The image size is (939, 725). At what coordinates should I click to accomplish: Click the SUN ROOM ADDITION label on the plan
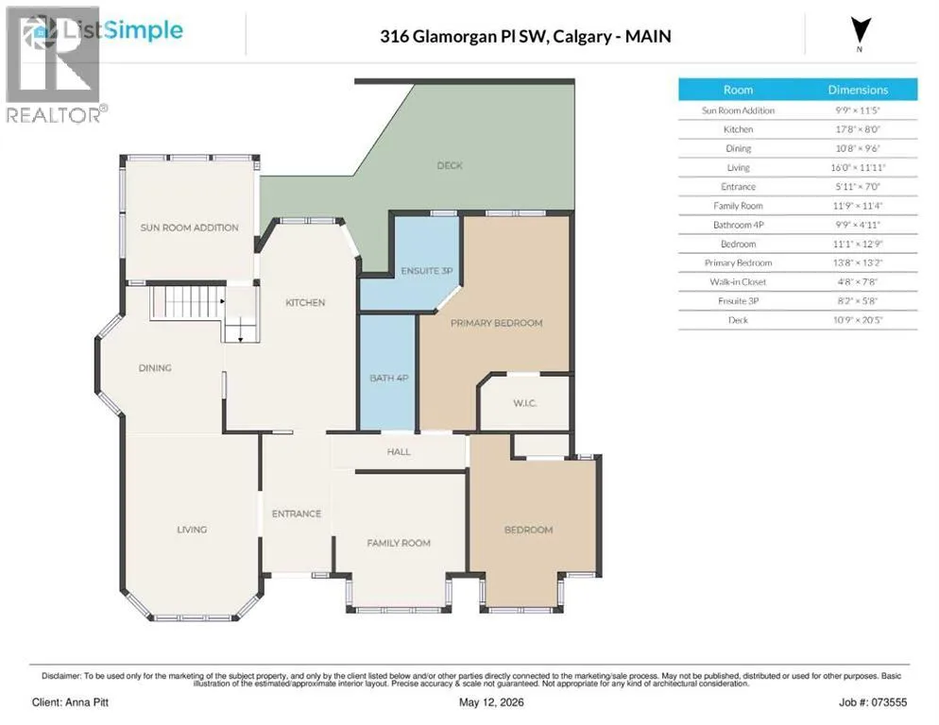tap(189, 228)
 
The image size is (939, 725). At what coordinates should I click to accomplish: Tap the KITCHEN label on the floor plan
tap(305, 302)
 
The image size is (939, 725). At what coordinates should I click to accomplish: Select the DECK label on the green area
tap(450, 165)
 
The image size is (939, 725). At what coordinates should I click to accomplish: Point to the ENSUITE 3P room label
tap(427, 271)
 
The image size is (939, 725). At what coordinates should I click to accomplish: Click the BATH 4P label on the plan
tap(388, 378)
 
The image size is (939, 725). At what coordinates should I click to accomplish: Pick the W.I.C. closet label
tap(524, 403)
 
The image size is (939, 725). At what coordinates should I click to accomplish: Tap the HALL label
tap(399, 451)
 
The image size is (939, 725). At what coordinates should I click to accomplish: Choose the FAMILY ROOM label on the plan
tap(399, 543)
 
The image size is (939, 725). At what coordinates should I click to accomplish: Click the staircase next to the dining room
tap(187, 302)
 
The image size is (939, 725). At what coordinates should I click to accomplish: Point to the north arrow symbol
tap(861, 30)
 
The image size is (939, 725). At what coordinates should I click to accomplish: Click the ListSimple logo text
tap(123, 30)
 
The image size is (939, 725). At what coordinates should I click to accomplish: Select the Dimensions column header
tap(858, 90)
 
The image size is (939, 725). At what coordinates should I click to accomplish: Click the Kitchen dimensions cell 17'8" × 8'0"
tap(858, 129)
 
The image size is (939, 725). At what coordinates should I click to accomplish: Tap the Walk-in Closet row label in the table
tap(738, 282)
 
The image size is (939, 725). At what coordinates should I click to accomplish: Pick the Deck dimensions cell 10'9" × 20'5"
tap(858, 320)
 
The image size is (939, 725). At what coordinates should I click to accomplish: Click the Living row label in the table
tap(738, 168)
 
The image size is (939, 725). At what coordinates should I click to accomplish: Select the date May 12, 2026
tap(491, 702)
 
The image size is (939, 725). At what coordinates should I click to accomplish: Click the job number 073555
tap(889, 702)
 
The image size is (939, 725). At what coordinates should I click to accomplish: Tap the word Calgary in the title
tap(582, 37)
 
